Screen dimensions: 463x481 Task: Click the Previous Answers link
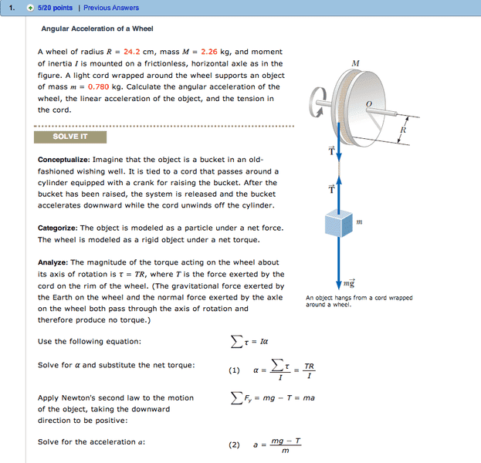coord(111,8)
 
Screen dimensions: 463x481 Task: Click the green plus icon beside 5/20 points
coord(29,8)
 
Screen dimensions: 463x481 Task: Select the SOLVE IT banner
coord(70,137)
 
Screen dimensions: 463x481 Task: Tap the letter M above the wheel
coord(355,63)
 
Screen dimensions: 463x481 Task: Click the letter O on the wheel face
coord(368,103)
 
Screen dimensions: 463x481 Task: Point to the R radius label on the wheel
coord(403,130)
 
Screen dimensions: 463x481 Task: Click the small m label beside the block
coord(359,222)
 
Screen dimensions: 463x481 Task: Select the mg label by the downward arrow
coord(349,284)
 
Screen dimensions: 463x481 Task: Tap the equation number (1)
coord(234,370)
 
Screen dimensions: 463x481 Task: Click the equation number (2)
coord(234,445)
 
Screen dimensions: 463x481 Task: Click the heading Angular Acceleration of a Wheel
coord(97,29)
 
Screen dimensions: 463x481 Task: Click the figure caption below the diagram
coord(359,301)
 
